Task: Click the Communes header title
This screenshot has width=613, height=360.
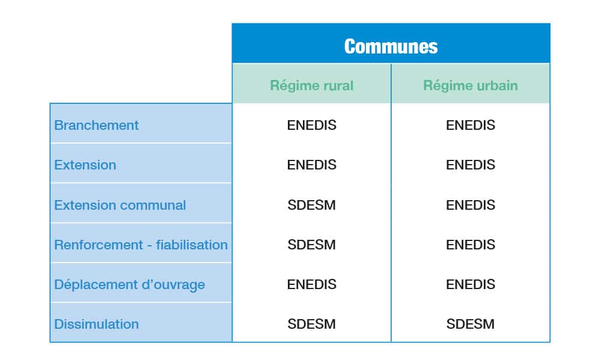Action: coord(391,46)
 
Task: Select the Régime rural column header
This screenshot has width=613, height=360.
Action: coord(311,85)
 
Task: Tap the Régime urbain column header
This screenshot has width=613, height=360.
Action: coord(471,85)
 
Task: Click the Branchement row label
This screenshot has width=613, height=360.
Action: coord(96,125)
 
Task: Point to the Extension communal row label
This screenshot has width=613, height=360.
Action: coord(120,205)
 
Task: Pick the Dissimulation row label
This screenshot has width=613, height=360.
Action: coord(96,324)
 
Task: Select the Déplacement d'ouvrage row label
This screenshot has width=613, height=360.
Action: coord(129,284)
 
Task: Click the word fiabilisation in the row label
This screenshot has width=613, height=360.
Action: coord(192,245)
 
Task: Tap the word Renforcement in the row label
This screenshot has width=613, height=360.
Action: coord(99,245)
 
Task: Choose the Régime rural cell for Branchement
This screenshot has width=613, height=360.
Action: coord(311,125)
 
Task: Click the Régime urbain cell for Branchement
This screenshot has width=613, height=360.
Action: coord(471,125)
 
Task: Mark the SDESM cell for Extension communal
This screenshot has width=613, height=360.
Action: coord(311,205)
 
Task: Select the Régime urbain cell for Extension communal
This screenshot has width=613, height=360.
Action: coord(471,205)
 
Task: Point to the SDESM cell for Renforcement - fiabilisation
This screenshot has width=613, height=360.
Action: coord(311,245)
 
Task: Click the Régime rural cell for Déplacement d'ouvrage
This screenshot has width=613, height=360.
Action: coord(311,284)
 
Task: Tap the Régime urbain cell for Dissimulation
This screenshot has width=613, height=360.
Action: coord(471,324)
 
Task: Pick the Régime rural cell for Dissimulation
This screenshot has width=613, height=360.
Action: coord(311,324)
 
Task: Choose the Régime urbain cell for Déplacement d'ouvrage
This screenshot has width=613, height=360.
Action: coord(471,284)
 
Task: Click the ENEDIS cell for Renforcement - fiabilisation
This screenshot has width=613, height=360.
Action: coord(471,245)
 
